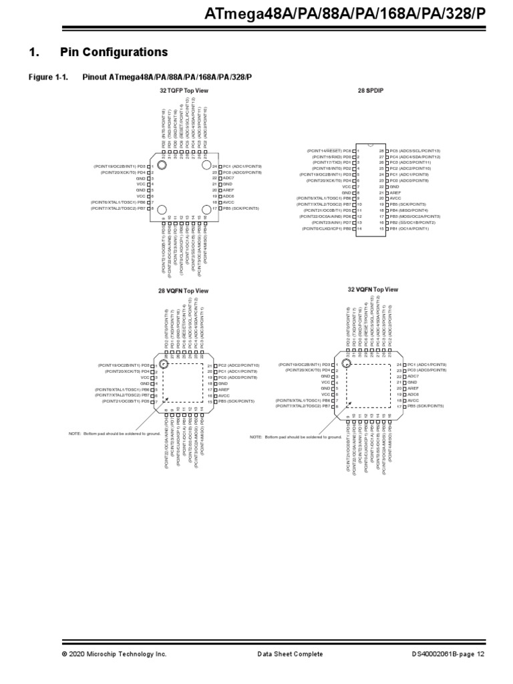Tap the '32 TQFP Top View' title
point(184,90)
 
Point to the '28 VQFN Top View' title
point(184,291)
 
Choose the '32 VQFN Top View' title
point(373,289)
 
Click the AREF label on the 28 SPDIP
point(395,192)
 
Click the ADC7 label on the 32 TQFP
point(228,178)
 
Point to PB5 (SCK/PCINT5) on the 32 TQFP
point(238,208)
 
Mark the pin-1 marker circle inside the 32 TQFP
point(162,162)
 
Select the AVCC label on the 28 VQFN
point(224,395)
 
